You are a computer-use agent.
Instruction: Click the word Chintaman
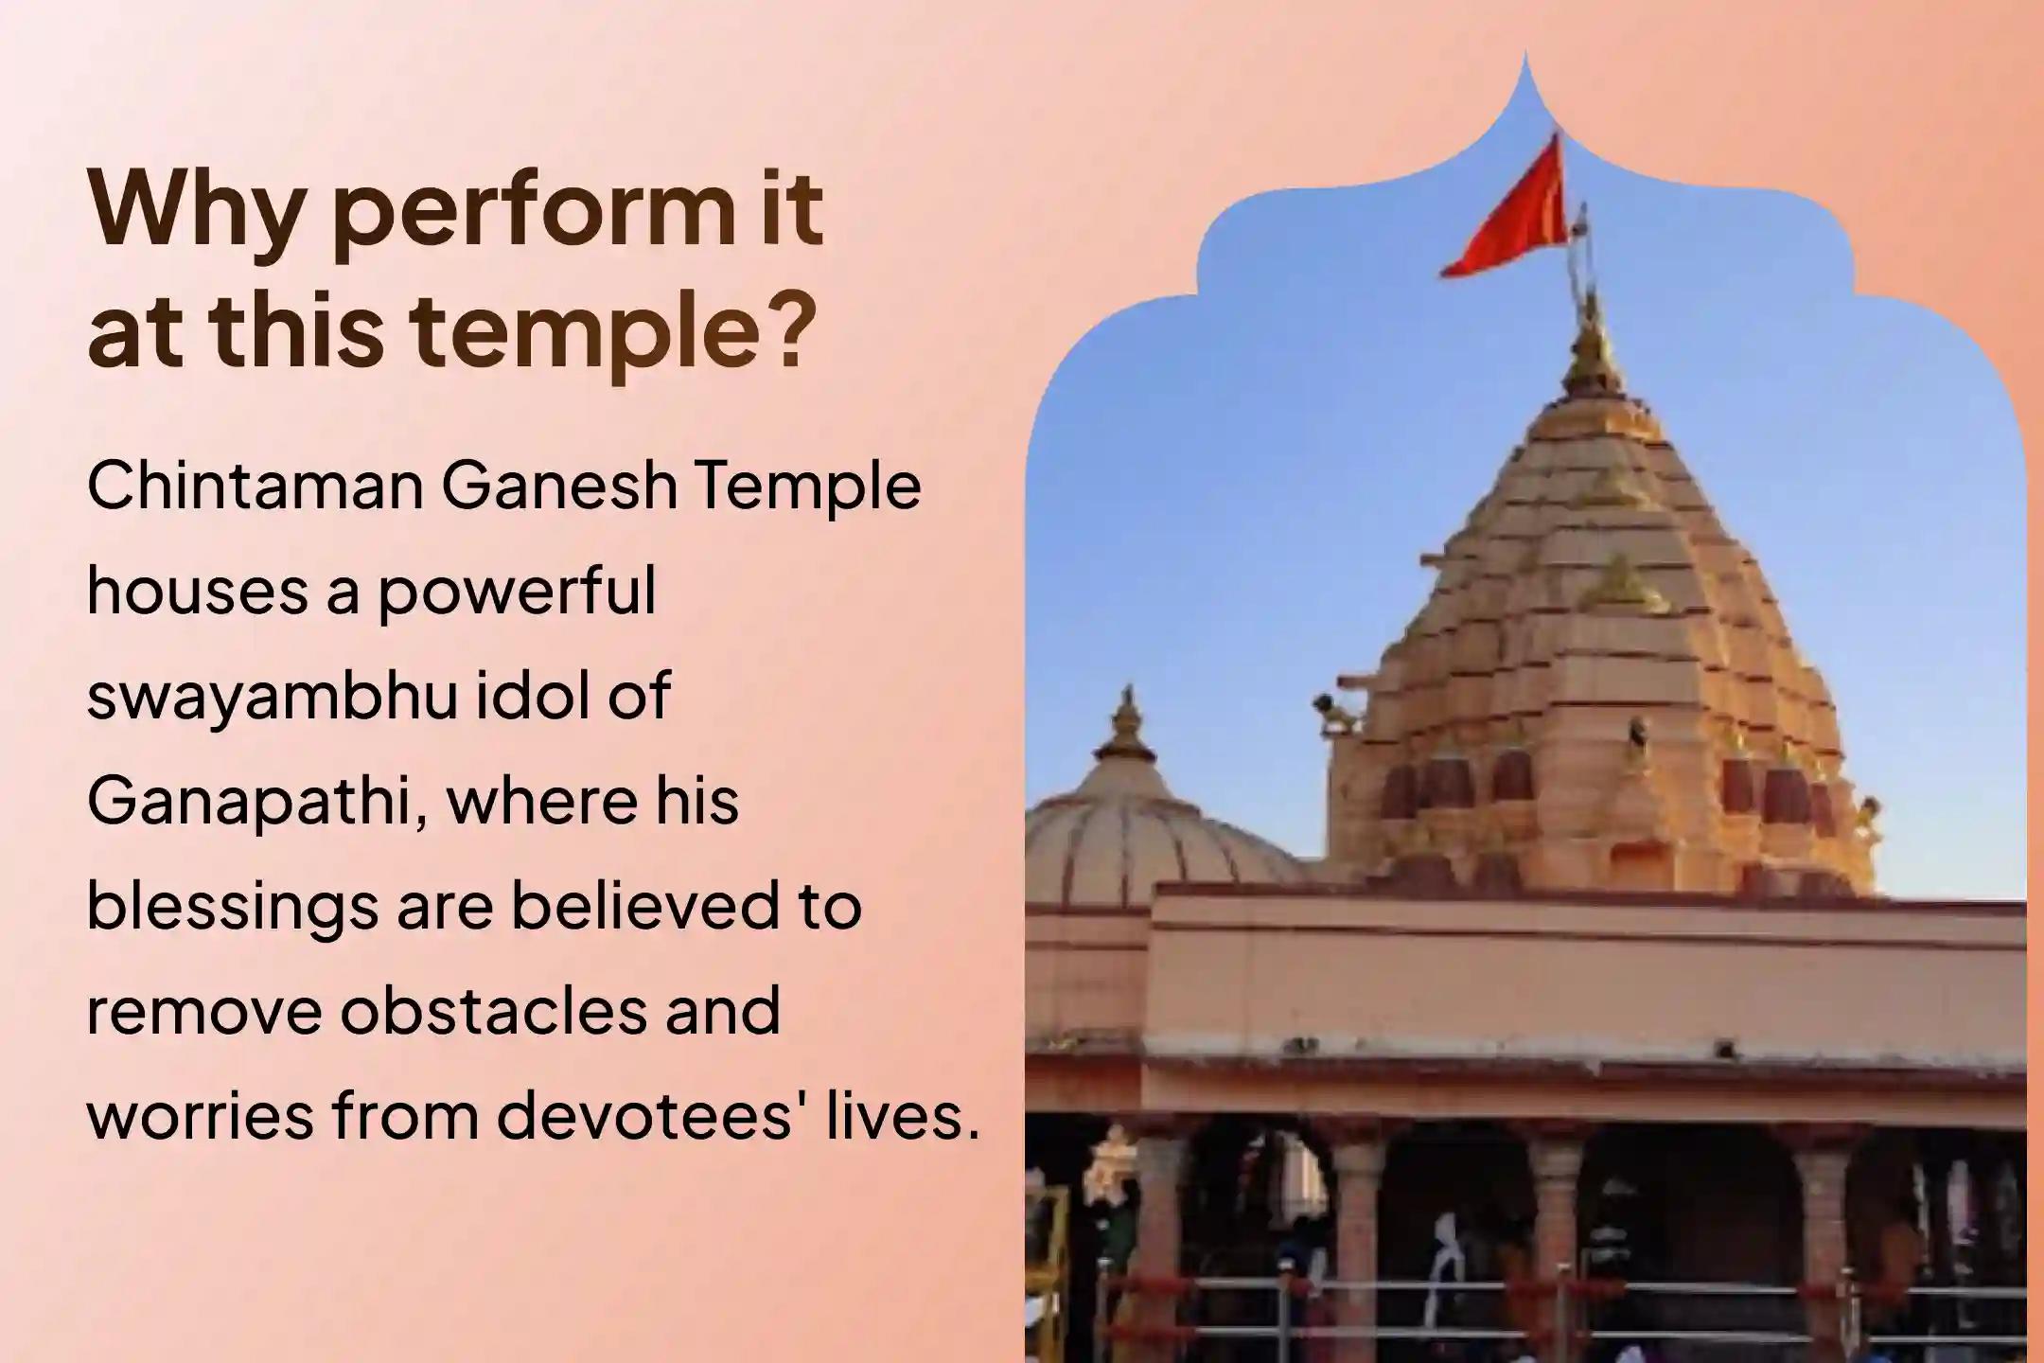click(255, 487)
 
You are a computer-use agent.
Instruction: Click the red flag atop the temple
click(1505, 213)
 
